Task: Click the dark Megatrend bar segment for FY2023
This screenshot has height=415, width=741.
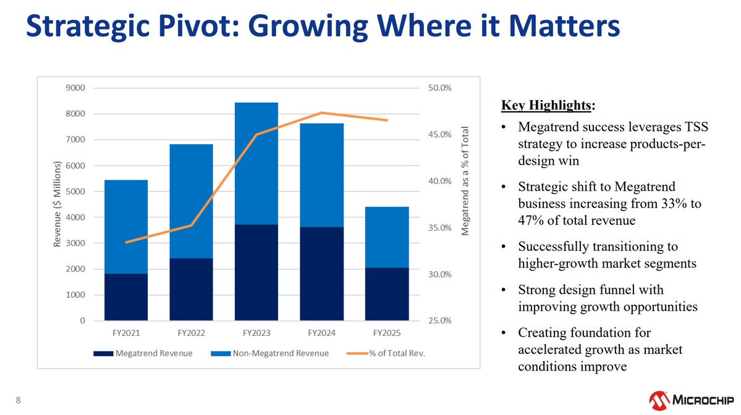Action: [256, 272]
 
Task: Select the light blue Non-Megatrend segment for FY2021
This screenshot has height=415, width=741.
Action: [125, 227]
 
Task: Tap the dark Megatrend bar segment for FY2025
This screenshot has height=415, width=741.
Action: [386, 294]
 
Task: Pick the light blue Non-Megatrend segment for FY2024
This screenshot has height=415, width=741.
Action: [321, 175]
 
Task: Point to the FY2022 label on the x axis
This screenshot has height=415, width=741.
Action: [191, 333]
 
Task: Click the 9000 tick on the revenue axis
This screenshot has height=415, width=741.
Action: [75, 88]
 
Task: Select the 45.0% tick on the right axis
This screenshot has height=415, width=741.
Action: [439, 135]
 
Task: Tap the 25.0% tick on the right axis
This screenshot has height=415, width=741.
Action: [439, 321]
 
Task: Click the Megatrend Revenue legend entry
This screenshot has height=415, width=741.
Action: [143, 353]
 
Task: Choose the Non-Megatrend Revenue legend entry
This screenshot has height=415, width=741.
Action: [269, 353]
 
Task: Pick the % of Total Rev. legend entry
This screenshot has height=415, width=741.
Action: [386, 353]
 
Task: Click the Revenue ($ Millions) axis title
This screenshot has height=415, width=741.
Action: [57, 204]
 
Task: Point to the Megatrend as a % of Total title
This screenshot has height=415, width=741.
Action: [465, 181]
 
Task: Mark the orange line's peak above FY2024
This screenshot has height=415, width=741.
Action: [321, 112]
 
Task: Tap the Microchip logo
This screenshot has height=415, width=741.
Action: [691, 400]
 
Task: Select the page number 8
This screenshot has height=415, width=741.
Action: [19, 400]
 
